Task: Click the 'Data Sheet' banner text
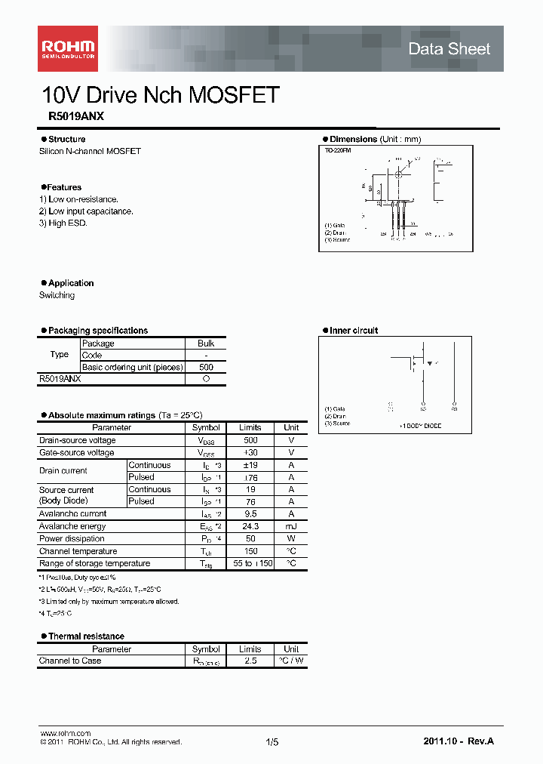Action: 449,49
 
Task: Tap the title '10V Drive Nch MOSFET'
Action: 161,95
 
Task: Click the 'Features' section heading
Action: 63,187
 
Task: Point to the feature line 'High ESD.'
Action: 63,223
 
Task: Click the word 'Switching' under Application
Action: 57,295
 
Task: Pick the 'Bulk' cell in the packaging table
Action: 206,343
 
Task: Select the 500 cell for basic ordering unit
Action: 206,368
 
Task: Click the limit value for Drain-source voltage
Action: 250,440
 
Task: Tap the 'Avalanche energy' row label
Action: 72,526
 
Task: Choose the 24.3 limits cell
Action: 250,526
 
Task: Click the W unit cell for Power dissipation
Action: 291,539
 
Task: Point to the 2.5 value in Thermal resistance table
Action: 250,661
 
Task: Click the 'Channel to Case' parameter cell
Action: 70,661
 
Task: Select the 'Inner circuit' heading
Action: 354,331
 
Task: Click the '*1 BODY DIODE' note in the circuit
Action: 421,426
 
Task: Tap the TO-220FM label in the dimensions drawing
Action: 338,151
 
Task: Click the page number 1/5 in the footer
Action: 272,742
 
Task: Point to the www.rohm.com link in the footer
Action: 65,734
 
